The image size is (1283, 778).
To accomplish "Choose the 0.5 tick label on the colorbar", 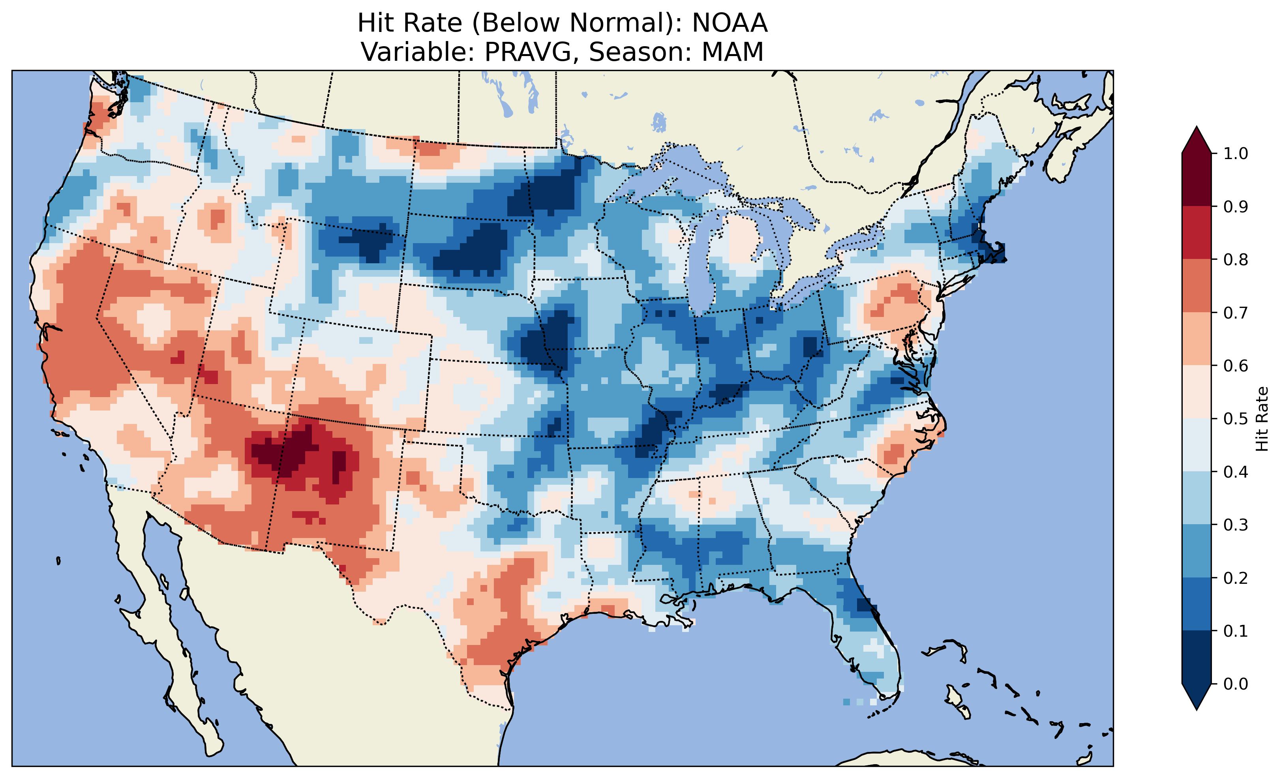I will click(x=1235, y=419).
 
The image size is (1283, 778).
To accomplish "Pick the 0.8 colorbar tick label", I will click(x=1235, y=259).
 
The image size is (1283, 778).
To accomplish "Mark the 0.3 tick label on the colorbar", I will click(x=1235, y=525).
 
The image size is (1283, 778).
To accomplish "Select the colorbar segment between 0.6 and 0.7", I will click(x=1197, y=339).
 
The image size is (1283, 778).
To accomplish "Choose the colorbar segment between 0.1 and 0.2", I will click(x=1197, y=604).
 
